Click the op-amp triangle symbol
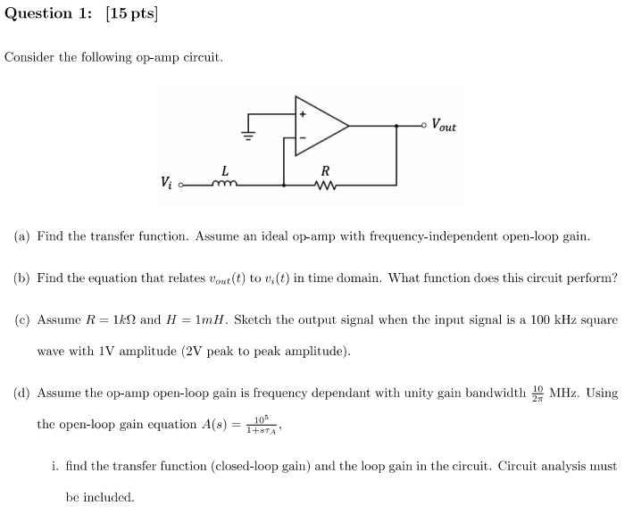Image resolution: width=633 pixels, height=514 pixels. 321,126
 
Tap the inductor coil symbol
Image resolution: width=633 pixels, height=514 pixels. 223,185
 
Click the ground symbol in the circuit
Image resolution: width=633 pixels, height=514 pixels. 249,136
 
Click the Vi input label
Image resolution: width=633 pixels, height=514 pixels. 167,183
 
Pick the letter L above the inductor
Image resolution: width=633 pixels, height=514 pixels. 224,170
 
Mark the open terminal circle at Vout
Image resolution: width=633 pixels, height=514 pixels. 424,126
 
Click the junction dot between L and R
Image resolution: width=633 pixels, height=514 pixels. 284,186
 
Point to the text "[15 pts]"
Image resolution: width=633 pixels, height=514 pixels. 130,13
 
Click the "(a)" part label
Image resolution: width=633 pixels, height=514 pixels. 22,236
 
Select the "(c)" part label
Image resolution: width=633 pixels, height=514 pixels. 22,319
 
